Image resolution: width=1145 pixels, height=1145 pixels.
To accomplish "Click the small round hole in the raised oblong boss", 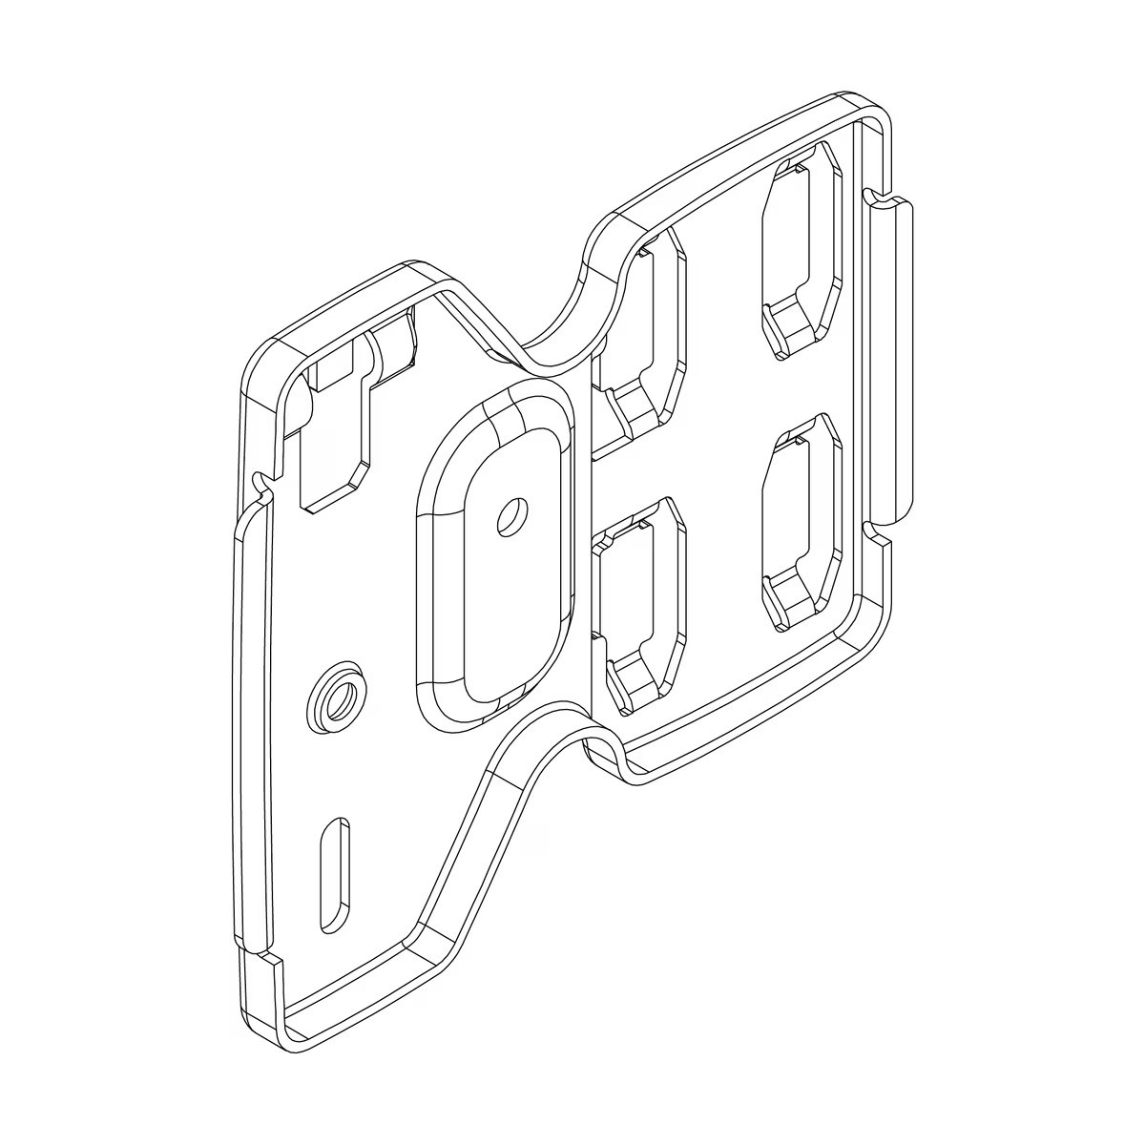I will coord(511,516).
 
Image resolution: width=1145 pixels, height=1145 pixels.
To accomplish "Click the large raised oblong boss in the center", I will coord(496,553).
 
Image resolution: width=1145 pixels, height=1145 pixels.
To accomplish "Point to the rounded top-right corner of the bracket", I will coord(873,110).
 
